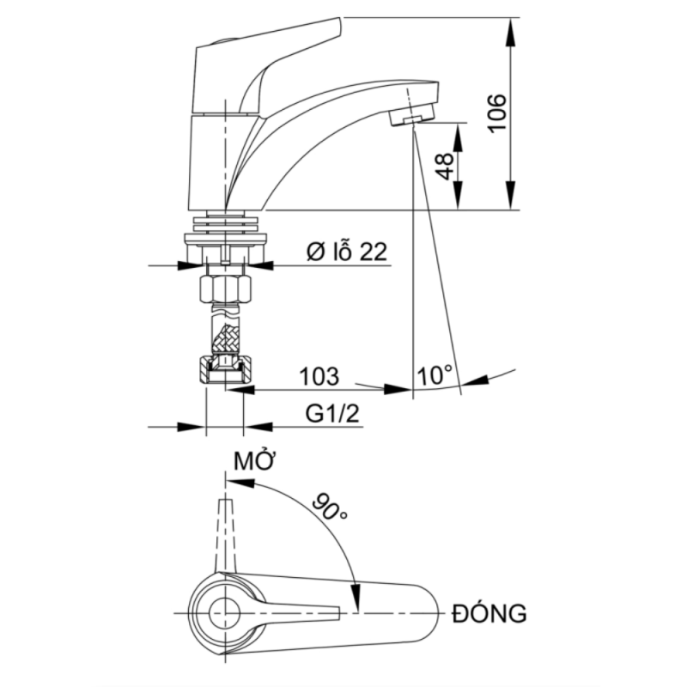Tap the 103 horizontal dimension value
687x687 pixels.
tap(319, 376)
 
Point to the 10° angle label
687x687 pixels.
tap(435, 375)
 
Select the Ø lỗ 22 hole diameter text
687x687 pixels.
tap(347, 252)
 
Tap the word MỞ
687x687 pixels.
tap(253, 461)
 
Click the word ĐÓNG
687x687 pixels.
tap(489, 614)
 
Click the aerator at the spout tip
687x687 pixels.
tap(410, 118)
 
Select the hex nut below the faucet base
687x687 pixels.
tap(225, 288)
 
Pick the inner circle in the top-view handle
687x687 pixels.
tap(225, 613)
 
